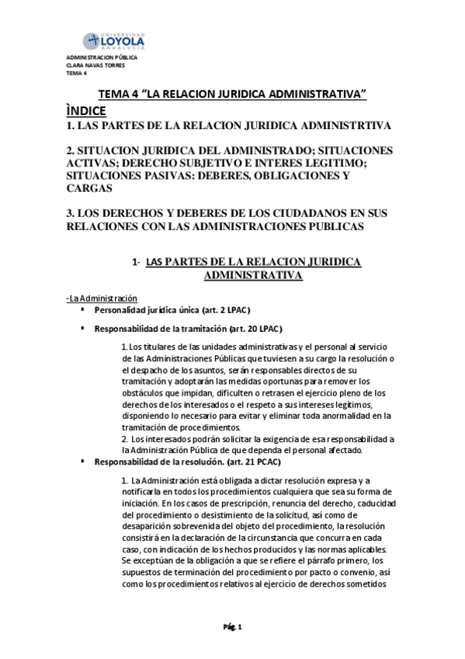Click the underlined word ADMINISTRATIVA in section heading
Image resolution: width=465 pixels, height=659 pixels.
tap(253, 274)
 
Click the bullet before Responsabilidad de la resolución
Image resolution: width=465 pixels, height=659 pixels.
tap(82, 462)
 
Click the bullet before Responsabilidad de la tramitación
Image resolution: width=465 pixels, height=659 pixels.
tap(82, 327)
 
